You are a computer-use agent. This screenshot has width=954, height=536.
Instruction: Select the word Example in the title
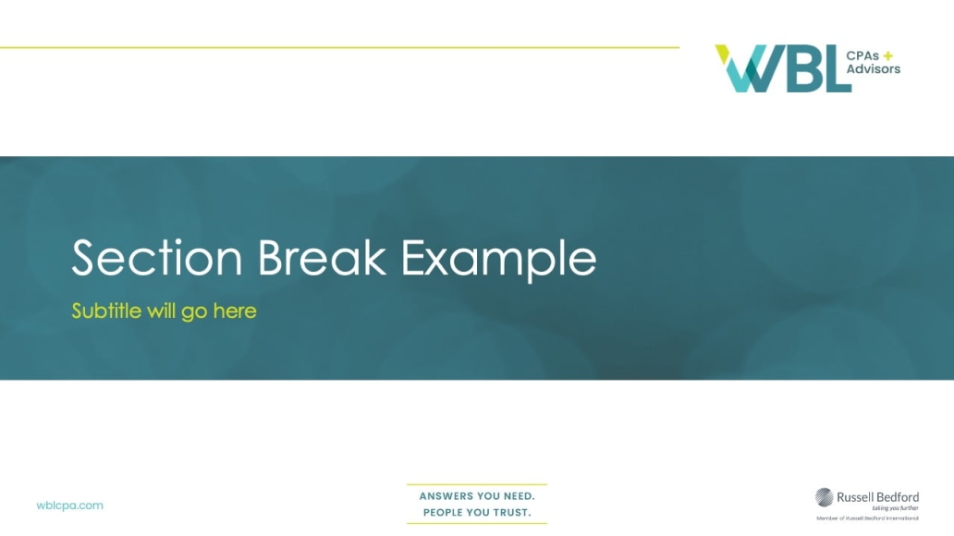[498, 260]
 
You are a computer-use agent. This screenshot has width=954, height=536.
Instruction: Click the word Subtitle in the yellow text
[106, 311]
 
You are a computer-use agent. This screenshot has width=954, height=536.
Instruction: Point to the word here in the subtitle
[234, 311]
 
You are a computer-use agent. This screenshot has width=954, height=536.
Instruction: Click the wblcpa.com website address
[70, 506]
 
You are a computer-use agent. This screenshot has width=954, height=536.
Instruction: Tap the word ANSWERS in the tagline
[446, 496]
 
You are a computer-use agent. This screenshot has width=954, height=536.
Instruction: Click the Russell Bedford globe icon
[824, 497]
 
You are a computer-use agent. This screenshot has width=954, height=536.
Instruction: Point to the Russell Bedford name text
[877, 496]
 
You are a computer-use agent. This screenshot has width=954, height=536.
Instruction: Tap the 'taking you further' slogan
[895, 508]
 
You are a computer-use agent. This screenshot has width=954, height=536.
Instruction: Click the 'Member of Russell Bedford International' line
[867, 519]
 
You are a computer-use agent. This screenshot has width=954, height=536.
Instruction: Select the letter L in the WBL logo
[836, 70]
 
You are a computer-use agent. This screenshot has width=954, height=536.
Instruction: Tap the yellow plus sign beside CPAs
[887, 55]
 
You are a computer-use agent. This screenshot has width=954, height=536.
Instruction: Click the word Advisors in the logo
[873, 69]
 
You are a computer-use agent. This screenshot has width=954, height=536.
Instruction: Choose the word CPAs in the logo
[862, 55]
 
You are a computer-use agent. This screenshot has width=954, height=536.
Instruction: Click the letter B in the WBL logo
[795, 69]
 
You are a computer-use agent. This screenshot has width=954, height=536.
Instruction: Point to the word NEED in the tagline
[519, 496]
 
